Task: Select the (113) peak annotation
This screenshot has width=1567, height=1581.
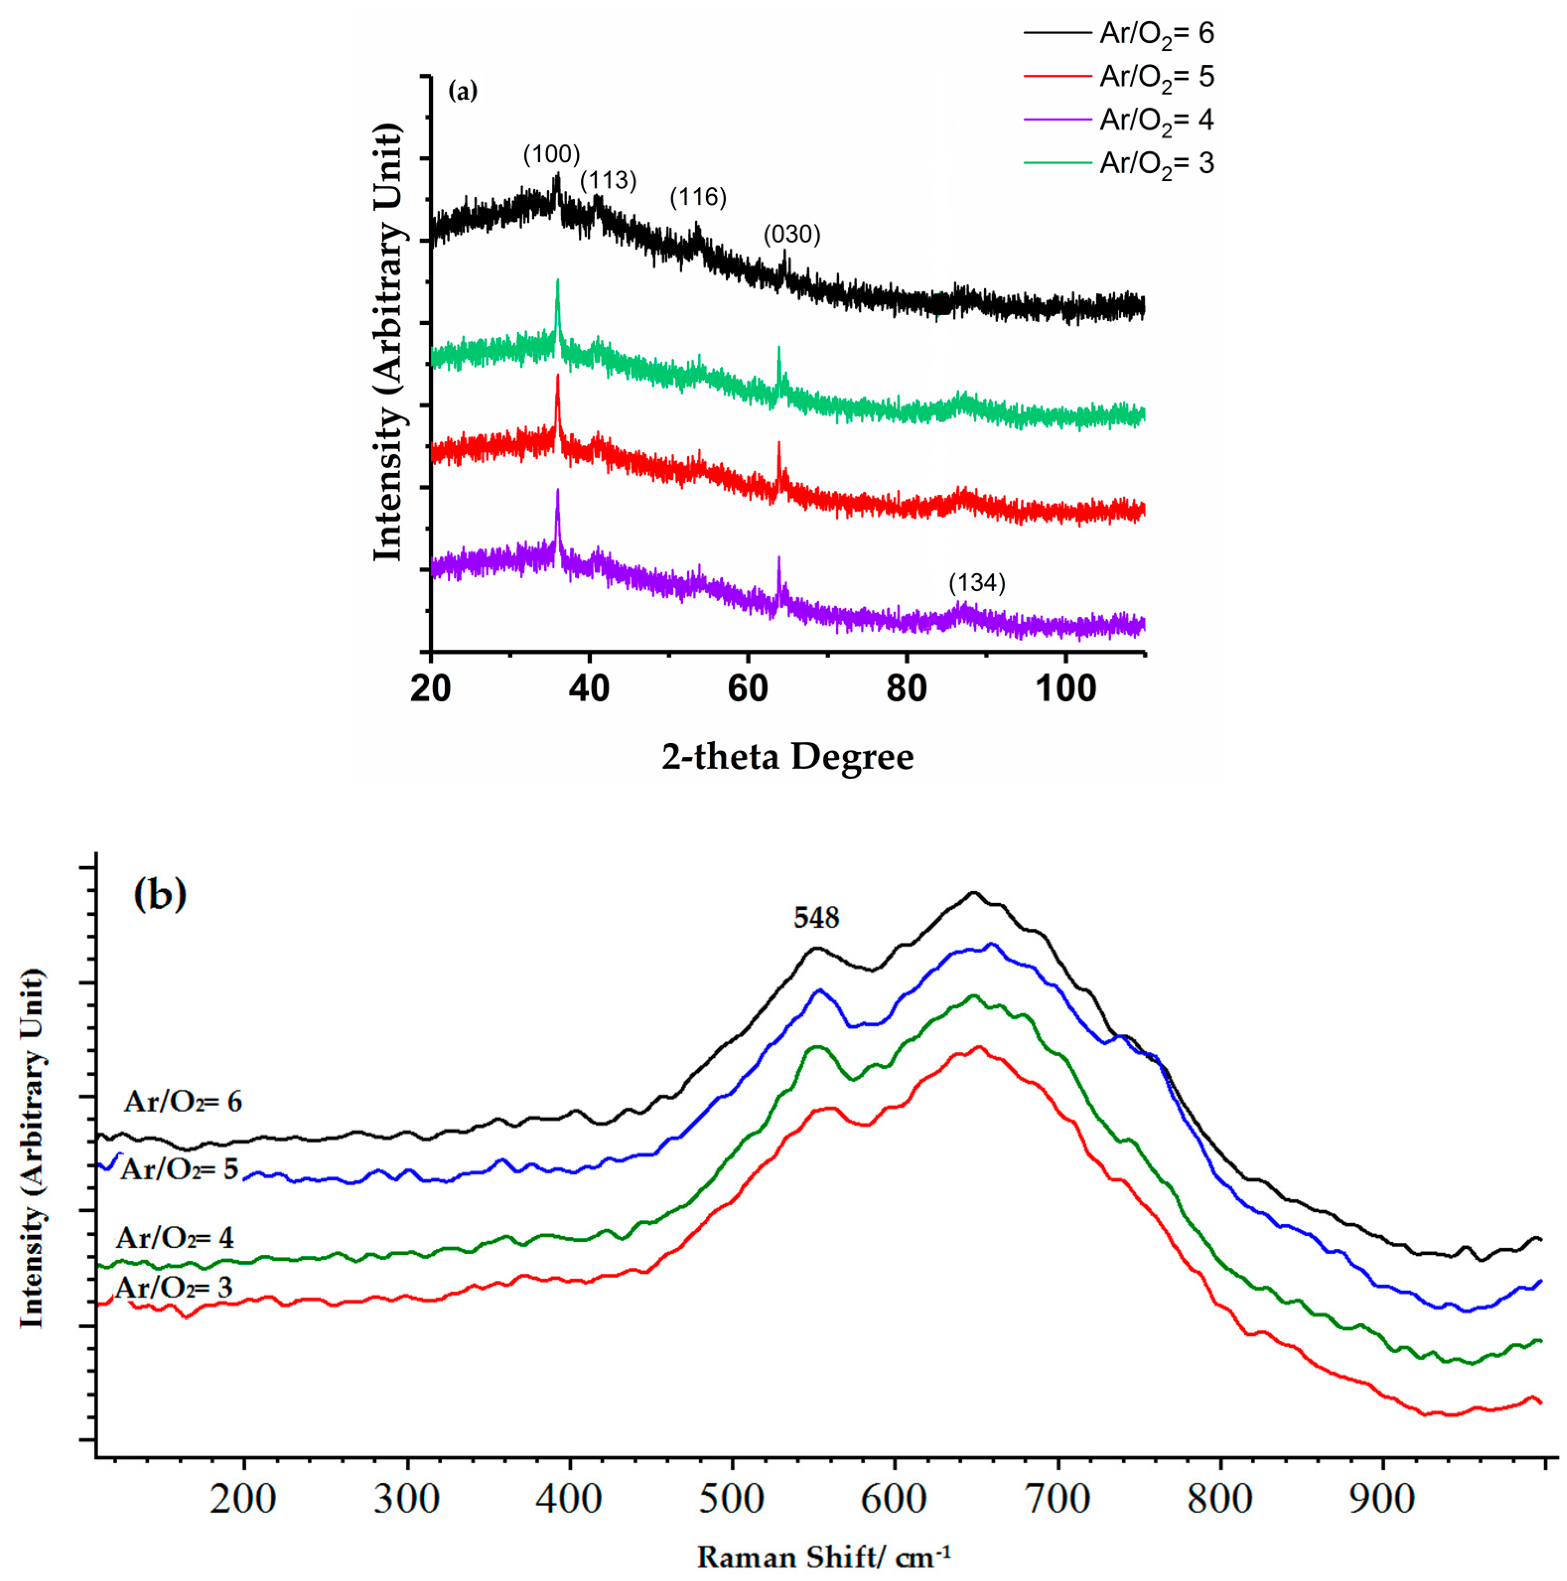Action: [608, 181]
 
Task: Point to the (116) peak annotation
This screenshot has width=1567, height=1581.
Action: [698, 197]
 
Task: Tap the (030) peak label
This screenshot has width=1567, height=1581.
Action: [791, 235]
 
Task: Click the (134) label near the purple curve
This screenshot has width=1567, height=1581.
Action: [977, 583]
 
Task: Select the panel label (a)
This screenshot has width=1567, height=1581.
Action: [462, 92]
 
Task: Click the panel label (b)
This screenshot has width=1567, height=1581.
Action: [159, 894]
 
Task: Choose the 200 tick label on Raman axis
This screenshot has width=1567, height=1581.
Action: [243, 1499]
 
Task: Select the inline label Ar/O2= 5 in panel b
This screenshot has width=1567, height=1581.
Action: [179, 1169]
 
